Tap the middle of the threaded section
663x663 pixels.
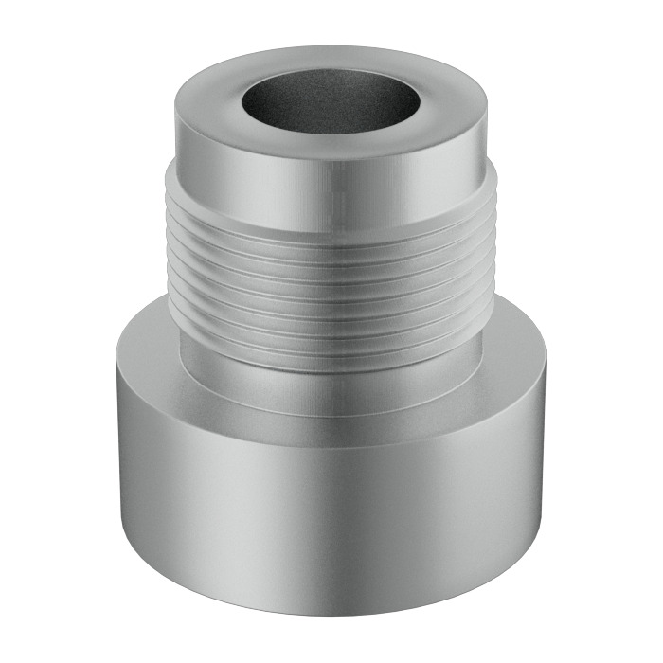point(331,284)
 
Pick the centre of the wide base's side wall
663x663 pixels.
point(331,511)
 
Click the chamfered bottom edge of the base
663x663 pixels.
point(331,608)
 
